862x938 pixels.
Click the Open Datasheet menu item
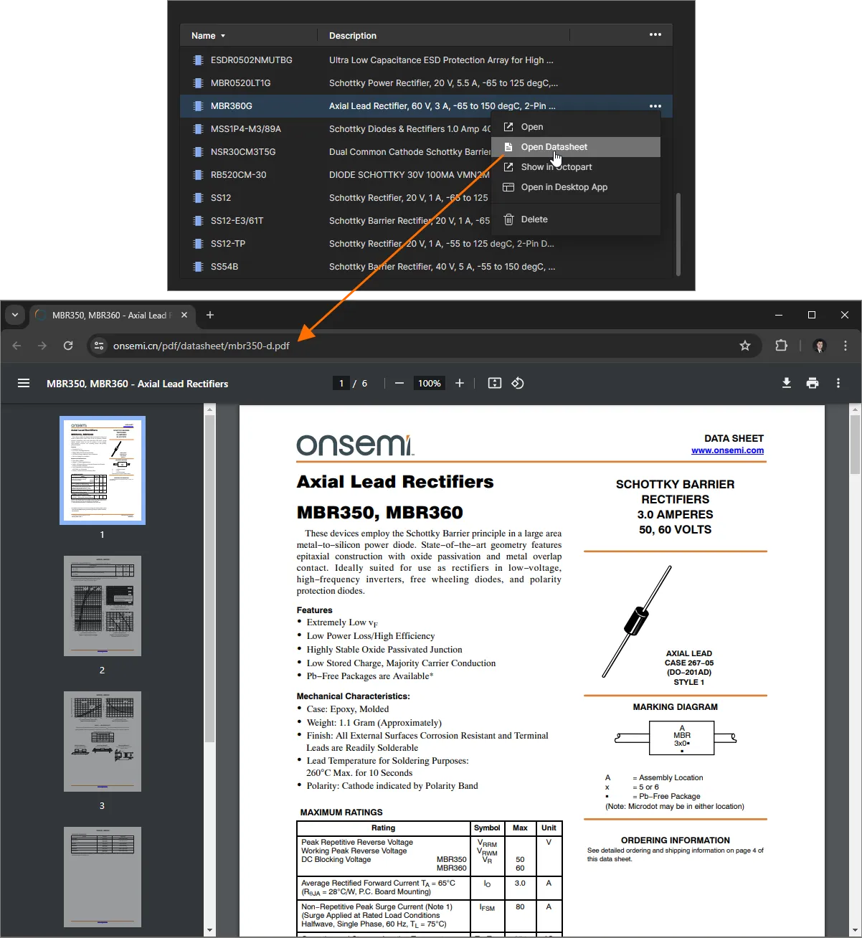point(554,147)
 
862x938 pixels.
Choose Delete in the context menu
point(534,219)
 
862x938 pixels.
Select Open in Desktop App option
point(564,187)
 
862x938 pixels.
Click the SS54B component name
point(224,267)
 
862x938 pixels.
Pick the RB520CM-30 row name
point(238,175)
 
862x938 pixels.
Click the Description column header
point(353,36)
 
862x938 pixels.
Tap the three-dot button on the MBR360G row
point(655,106)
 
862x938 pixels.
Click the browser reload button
point(68,346)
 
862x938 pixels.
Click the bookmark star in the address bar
point(745,346)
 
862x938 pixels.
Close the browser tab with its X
point(184,315)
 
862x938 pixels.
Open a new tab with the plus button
point(210,315)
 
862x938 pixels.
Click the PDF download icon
point(787,384)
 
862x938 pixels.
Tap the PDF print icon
point(813,384)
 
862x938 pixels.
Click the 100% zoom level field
point(429,384)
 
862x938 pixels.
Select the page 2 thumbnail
point(103,606)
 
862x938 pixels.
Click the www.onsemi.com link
point(727,450)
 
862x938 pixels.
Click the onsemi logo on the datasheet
point(355,445)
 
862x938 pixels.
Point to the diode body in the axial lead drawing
point(636,620)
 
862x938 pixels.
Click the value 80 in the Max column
point(520,907)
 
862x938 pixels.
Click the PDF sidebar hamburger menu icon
point(24,384)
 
